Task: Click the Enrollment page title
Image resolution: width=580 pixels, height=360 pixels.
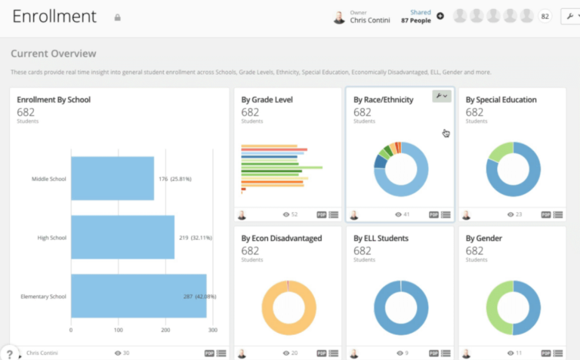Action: (54, 16)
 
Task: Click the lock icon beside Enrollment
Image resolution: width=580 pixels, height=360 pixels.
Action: (117, 17)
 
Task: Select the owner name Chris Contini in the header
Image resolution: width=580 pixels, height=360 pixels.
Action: (370, 20)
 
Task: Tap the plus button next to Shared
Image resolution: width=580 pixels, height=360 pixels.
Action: (440, 16)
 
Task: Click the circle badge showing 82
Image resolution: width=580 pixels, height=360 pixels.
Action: (544, 16)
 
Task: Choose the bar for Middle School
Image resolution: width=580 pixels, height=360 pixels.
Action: (113, 179)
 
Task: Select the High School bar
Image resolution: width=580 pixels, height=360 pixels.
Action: (122, 237)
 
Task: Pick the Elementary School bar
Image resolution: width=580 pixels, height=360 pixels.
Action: (139, 296)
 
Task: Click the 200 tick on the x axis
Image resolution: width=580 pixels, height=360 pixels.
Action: (166, 331)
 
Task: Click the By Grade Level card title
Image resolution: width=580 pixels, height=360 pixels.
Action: (267, 100)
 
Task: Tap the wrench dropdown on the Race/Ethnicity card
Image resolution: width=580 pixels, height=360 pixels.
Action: (442, 97)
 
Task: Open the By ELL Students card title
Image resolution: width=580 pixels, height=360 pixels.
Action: (381, 238)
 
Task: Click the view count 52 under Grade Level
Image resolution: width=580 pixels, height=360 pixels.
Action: (294, 215)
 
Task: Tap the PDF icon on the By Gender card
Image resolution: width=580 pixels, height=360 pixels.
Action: (545, 353)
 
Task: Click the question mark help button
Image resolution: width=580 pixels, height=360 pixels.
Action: (9, 353)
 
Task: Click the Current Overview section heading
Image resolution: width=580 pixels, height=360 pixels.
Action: (54, 54)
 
